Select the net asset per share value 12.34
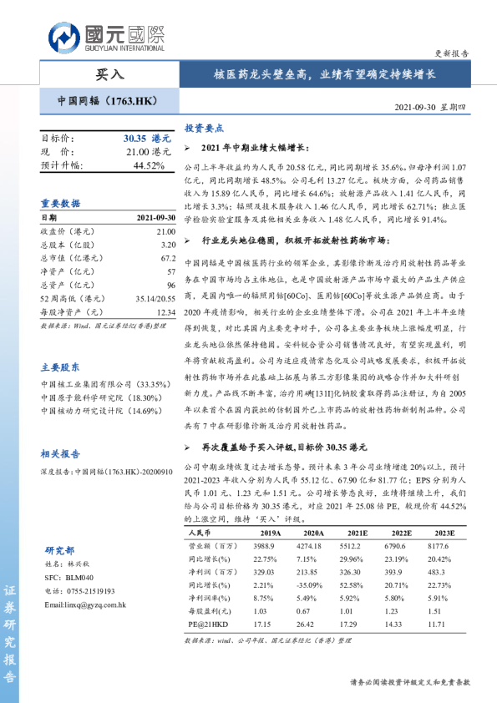[166, 311]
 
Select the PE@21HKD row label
[210, 625]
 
